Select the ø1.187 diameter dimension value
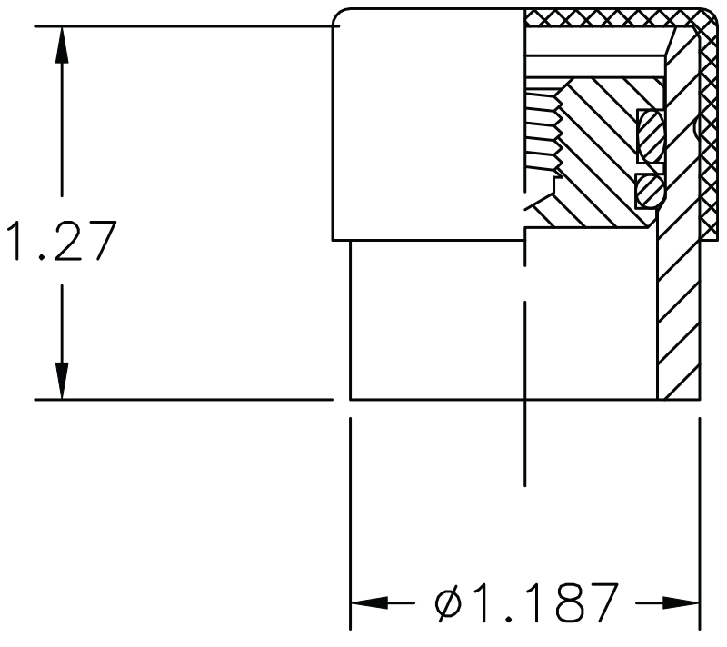[x=527, y=602]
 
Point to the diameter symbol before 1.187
[x=452, y=602]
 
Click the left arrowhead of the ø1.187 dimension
[x=367, y=602]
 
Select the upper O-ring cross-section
[x=651, y=134]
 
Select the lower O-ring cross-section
[x=648, y=190]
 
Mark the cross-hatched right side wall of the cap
[x=707, y=136]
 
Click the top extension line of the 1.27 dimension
[x=182, y=25]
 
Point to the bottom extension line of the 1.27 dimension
[x=182, y=399]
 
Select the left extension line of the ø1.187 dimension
[x=351, y=527]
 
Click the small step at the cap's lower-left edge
[x=342, y=240]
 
